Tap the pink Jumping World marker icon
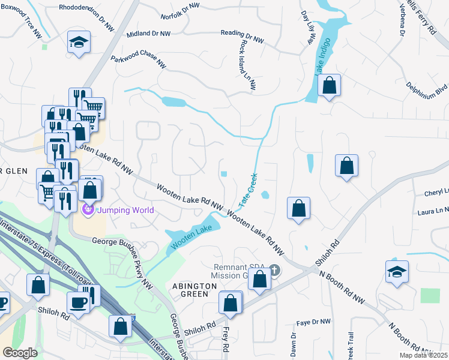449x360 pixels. pyautogui.click(x=88, y=209)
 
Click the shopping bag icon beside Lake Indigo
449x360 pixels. pyautogui.click(x=329, y=86)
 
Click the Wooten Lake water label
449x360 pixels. pyautogui.click(x=191, y=236)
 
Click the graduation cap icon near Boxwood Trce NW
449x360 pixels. pyautogui.click(x=79, y=43)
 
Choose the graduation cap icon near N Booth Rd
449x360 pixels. pyautogui.click(x=397, y=272)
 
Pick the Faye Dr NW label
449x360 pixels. pyautogui.click(x=314, y=322)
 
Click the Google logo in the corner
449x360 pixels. pyautogui.click(x=20, y=353)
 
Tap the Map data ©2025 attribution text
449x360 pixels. pyautogui.click(x=424, y=355)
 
